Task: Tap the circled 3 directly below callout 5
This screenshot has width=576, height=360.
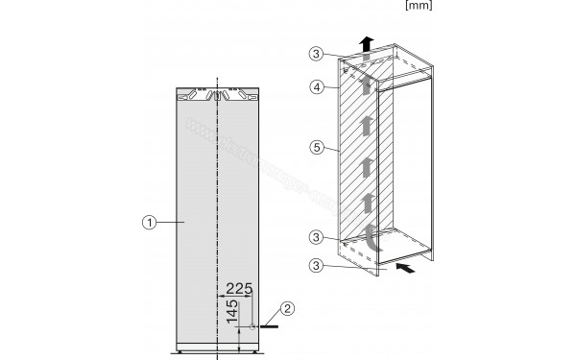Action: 318,238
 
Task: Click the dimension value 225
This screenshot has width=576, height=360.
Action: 239,286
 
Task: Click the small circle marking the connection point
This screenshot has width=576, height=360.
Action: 254,327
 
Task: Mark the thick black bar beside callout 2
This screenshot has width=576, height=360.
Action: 271,327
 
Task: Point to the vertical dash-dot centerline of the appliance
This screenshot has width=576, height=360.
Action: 220,192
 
